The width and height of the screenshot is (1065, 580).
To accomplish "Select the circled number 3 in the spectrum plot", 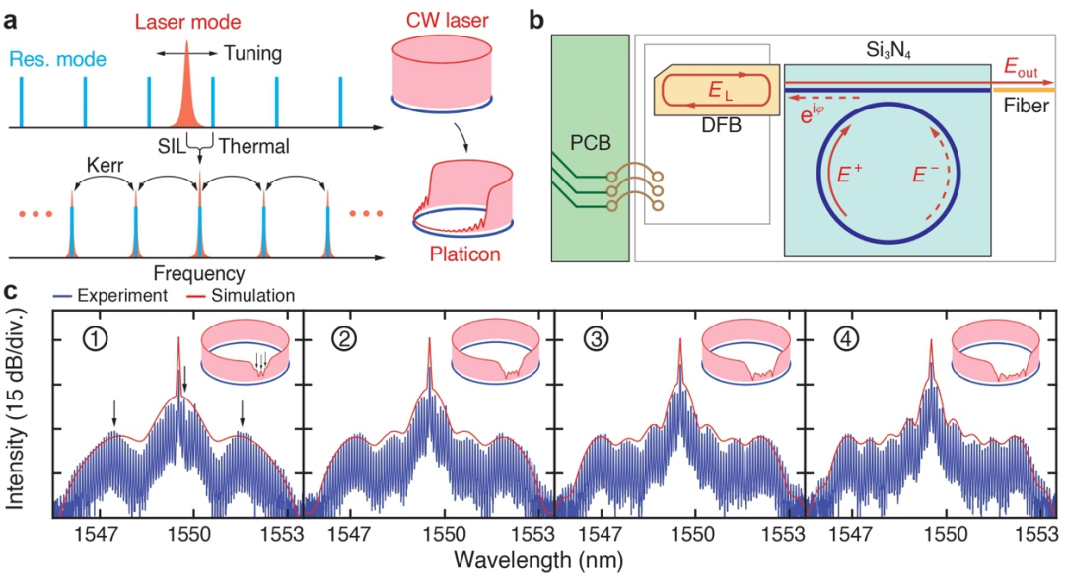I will [596, 342].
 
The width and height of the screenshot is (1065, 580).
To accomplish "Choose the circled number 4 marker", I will [847, 342].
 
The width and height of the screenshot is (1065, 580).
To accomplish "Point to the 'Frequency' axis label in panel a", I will [199, 271].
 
